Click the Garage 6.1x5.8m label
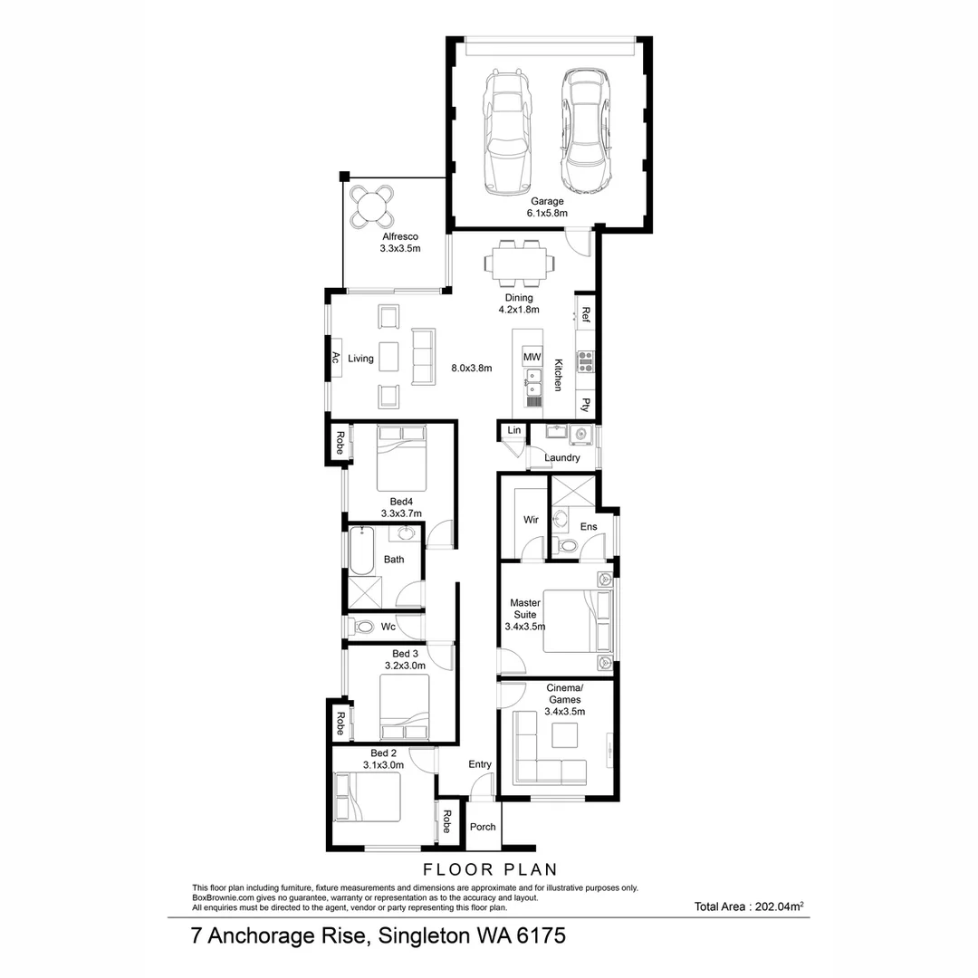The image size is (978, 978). [547, 207]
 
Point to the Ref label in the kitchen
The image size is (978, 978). [586, 315]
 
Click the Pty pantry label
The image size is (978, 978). [586, 405]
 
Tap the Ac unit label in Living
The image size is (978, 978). [335, 358]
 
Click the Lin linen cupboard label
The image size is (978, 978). [514, 430]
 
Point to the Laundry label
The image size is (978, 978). [562, 458]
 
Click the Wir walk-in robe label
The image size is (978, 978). [531, 520]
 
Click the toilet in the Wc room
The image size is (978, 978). [364, 627]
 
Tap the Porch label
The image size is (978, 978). [483, 827]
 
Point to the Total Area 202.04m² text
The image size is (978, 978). [750, 906]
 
